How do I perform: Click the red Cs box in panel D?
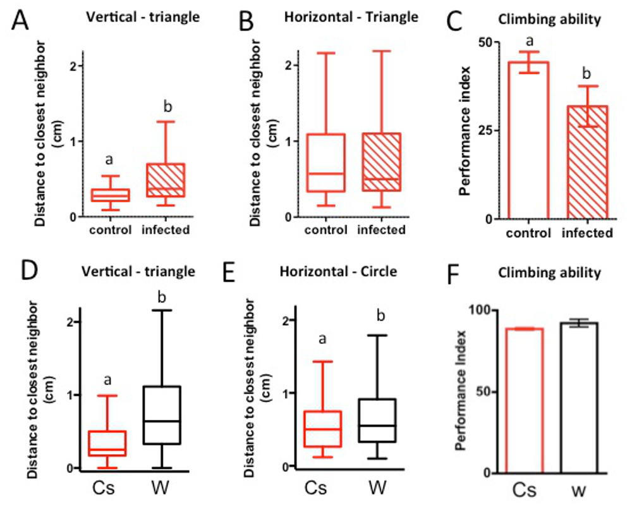(x=107, y=443)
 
